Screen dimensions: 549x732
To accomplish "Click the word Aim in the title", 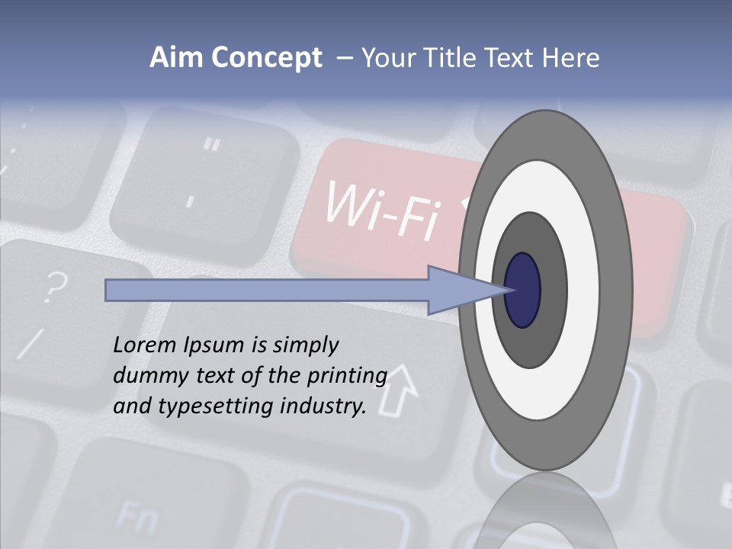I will (x=175, y=58).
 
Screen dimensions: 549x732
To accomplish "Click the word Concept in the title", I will (x=264, y=58).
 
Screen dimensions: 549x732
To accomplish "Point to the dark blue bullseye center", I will (x=523, y=290).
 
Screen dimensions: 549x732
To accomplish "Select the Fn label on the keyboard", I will (x=138, y=518).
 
